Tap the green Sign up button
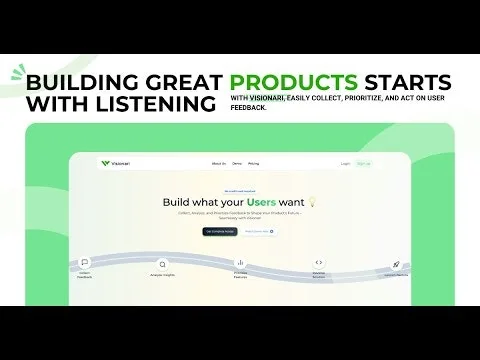point(362,163)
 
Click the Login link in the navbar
point(345,163)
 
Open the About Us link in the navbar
point(219,163)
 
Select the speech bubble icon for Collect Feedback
point(84,263)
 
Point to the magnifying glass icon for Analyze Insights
point(163,265)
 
